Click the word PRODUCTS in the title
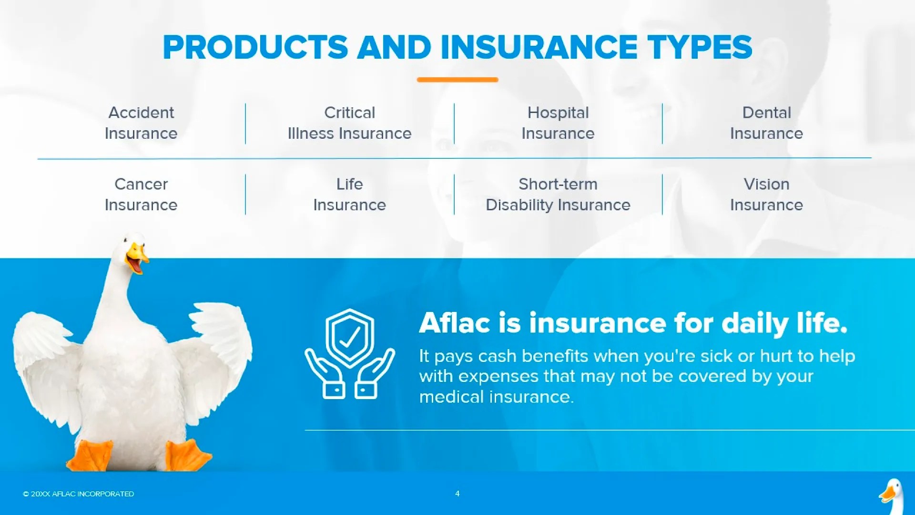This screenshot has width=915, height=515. click(255, 48)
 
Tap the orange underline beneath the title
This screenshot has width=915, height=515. click(457, 80)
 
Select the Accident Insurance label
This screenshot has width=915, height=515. click(141, 123)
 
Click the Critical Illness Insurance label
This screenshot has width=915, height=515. click(349, 123)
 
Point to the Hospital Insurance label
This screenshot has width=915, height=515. click(558, 123)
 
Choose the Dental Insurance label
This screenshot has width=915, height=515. click(766, 123)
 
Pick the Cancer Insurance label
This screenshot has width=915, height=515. click(141, 195)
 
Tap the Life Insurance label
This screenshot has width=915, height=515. click(349, 195)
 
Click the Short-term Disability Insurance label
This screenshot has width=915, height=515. click(558, 195)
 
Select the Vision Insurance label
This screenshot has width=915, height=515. click(766, 195)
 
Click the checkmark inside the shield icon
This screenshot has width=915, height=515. click(350, 337)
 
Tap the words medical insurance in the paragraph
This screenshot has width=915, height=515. click(496, 397)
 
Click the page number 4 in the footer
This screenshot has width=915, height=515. click(457, 494)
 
